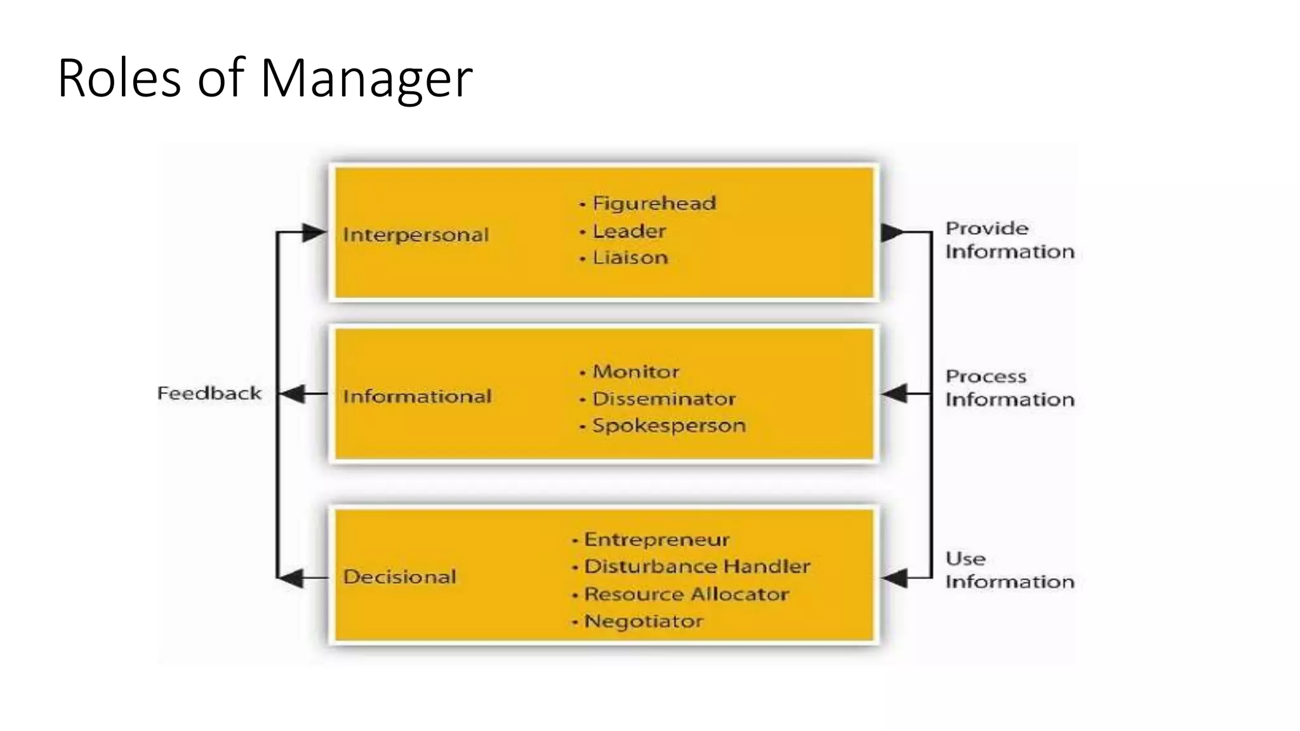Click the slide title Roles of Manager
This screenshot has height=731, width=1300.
265,78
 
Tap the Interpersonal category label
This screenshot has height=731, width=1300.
416,235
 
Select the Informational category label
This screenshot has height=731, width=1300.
417,397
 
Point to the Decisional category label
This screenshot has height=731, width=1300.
399,577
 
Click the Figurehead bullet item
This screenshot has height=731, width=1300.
654,203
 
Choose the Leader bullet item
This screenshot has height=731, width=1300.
628,231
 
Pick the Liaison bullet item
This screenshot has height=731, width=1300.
630,258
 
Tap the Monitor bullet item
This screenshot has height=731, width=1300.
635,371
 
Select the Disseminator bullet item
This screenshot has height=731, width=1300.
663,398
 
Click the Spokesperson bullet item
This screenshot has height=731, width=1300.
668,425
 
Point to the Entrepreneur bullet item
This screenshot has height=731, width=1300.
656,539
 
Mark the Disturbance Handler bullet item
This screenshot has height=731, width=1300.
696,566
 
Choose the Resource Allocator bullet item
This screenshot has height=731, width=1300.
686,594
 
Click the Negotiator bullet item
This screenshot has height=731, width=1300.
643,621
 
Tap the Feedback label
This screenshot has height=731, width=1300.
209,393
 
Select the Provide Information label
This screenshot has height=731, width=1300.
1009,240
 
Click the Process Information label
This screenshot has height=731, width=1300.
1009,388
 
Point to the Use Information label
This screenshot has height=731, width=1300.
1009,570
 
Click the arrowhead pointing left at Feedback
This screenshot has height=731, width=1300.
291,394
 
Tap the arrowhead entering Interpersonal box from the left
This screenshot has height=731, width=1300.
314,233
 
